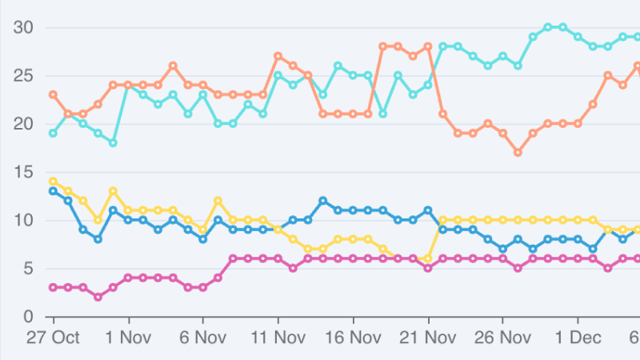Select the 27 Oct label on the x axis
53,337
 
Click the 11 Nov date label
278,337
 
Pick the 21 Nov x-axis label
428,337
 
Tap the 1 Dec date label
578,337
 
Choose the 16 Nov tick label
353,337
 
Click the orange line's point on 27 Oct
53,94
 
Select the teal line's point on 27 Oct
53,133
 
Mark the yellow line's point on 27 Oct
53,181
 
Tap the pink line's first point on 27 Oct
53,287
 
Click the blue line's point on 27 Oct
53,190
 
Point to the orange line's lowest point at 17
518,152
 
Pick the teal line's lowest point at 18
113,142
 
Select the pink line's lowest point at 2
98,297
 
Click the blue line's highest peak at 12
322,201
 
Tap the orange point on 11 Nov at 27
278,56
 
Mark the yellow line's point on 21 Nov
428,258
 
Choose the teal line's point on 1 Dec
578,37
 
